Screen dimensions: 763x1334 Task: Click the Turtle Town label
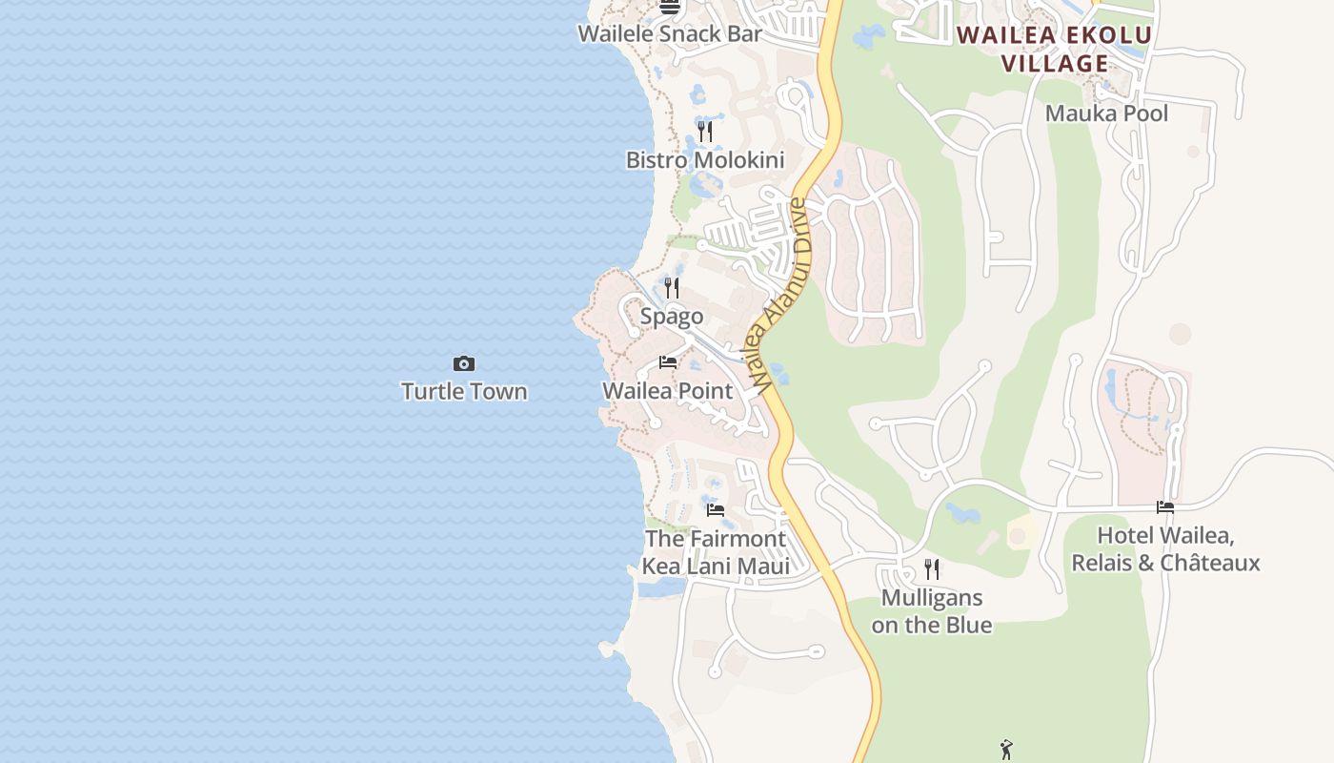(x=464, y=391)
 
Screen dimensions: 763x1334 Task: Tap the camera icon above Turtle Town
(x=464, y=363)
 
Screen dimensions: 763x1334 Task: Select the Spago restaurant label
(x=672, y=317)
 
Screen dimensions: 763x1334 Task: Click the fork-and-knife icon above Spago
(x=672, y=287)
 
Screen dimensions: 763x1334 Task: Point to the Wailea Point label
(x=668, y=391)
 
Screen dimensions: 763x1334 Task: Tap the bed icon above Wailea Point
(x=668, y=362)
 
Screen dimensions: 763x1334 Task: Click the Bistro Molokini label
(x=705, y=160)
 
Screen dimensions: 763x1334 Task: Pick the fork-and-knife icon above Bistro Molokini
(x=705, y=131)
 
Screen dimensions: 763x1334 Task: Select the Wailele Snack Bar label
(x=670, y=34)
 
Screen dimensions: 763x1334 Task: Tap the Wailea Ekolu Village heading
(x=1055, y=50)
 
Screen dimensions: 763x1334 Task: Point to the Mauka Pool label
(x=1106, y=113)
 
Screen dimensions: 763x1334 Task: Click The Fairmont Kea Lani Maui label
(x=716, y=553)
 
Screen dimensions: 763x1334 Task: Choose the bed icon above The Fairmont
(x=716, y=510)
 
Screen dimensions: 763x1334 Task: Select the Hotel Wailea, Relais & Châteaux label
(x=1165, y=549)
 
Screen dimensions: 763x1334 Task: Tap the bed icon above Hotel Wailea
(x=1165, y=507)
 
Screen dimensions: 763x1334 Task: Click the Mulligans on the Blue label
(x=932, y=611)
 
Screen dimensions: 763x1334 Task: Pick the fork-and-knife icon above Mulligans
(x=932, y=569)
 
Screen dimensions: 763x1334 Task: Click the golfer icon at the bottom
(x=1007, y=750)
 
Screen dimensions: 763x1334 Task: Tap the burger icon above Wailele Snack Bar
(x=670, y=8)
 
